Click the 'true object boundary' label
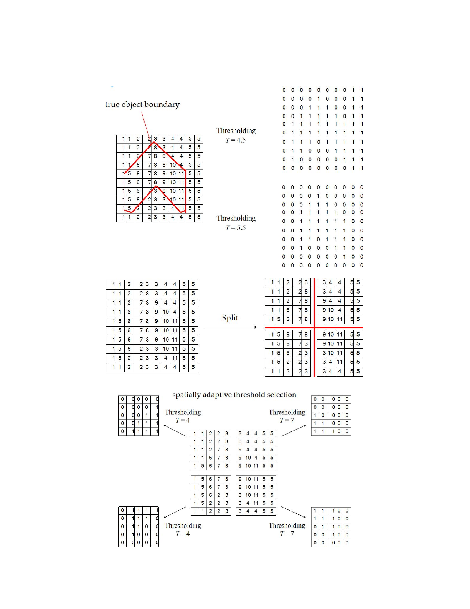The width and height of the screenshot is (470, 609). (x=142, y=105)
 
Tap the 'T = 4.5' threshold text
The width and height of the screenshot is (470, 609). (x=236, y=140)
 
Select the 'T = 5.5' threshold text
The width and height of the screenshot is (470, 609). (x=236, y=228)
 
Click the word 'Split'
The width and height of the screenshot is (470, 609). (x=230, y=318)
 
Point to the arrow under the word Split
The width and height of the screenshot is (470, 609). (x=229, y=327)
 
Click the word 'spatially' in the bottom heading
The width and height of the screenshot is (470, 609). (x=186, y=395)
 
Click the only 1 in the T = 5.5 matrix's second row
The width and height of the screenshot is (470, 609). (x=318, y=196)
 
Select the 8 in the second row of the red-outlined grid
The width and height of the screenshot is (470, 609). (x=155, y=148)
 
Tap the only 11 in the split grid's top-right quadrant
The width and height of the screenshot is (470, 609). (x=340, y=319)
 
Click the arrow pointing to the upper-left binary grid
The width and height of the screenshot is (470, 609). (x=175, y=431)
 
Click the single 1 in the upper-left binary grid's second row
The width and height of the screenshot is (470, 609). (x=157, y=407)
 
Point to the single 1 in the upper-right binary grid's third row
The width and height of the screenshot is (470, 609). (x=315, y=415)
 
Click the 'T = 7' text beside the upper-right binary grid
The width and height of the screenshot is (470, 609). (x=287, y=420)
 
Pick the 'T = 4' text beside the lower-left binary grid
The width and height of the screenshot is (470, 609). (x=183, y=534)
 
